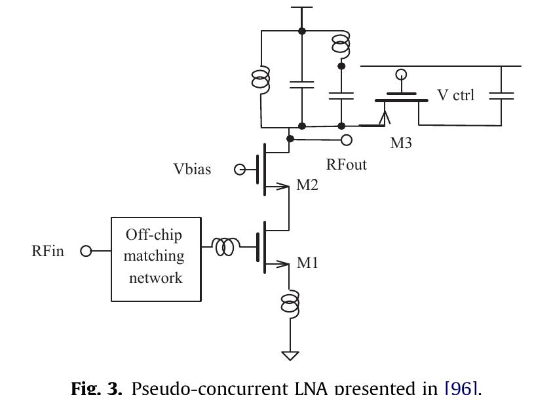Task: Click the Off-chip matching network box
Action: click(x=156, y=259)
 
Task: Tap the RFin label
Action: click(x=48, y=251)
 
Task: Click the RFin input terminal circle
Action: click(x=85, y=251)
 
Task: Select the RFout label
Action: click(x=347, y=164)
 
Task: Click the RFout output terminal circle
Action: click(x=347, y=140)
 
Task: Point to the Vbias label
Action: click(x=192, y=170)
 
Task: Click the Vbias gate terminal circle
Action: click(x=240, y=170)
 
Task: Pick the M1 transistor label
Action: click(x=307, y=263)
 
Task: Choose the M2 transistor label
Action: click(x=307, y=185)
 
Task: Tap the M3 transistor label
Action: click(x=401, y=143)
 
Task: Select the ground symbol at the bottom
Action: click(x=290, y=356)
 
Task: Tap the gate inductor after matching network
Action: click(x=225, y=248)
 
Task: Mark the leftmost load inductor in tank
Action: click(x=261, y=79)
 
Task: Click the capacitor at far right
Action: click(x=501, y=95)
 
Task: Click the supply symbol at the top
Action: click(x=301, y=8)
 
